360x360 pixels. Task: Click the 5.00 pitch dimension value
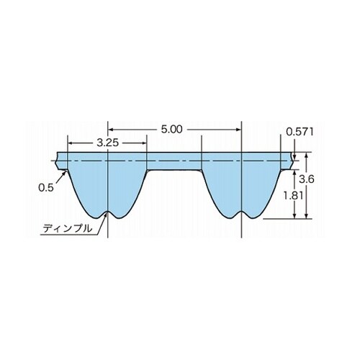pyautogui.click(x=171, y=130)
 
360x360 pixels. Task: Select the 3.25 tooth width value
pyautogui.click(x=108, y=143)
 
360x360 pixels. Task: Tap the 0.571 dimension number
pyautogui.click(x=300, y=132)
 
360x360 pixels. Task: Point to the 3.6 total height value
pyautogui.click(x=307, y=179)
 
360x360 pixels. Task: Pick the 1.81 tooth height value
pyautogui.click(x=293, y=196)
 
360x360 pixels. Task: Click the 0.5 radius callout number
pyautogui.click(x=45, y=187)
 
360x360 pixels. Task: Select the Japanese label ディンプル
pyautogui.click(x=68, y=228)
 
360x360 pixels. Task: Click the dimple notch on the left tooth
pyautogui.click(x=108, y=213)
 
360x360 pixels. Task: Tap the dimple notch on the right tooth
pyautogui.click(x=241, y=213)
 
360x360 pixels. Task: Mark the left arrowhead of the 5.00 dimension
pyautogui.click(x=110, y=130)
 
